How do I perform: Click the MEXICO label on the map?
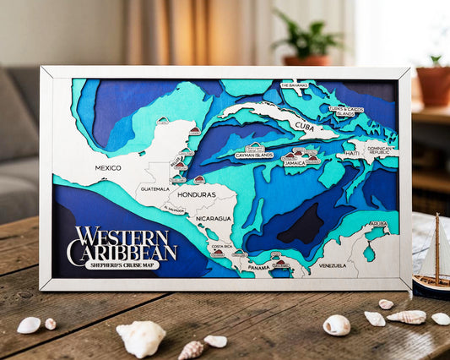coord(108,167)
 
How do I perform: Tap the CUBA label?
coord(305,126)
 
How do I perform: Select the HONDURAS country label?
coord(196,195)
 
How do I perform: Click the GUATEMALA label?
coord(155,188)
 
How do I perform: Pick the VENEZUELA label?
coord(333,265)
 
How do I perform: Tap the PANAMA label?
coord(258,267)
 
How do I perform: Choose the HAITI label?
coord(351,154)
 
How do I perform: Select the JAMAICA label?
coord(294,162)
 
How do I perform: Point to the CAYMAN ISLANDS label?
coord(254,155)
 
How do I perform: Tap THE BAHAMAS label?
coord(295,85)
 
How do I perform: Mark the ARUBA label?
coord(377,224)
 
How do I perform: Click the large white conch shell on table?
coord(141,338)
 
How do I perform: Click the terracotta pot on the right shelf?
coord(433,85)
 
